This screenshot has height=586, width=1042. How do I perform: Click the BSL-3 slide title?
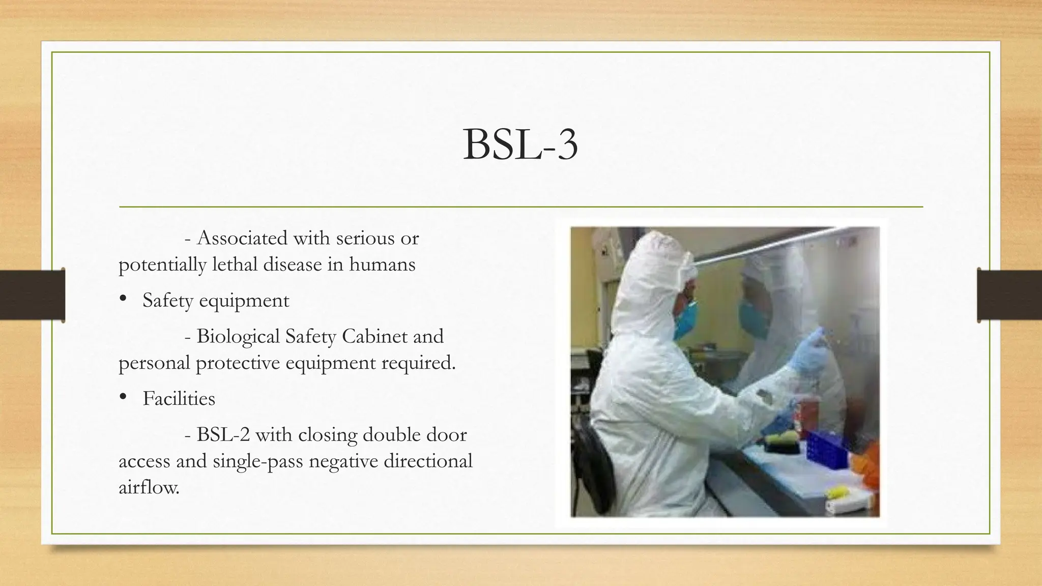pos(520,145)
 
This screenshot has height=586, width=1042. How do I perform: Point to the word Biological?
pos(238,337)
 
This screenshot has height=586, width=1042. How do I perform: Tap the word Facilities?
pos(179,398)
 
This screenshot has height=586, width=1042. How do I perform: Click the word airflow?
pos(149,487)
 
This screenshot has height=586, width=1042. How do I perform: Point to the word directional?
pos(427,461)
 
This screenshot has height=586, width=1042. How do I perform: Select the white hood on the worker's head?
pos(651,265)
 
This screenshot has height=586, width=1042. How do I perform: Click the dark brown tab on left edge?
pos(32,295)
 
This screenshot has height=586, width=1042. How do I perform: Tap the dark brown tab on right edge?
pos(1009,295)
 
